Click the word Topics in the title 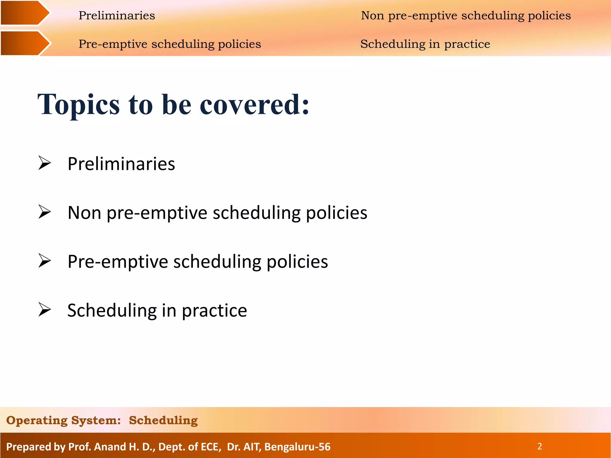click(x=78, y=105)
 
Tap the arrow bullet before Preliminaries click(x=45, y=163)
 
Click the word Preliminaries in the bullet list click(x=121, y=164)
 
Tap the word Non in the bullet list click(x=84, y=213)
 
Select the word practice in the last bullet click(x=215, y=311)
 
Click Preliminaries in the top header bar click(x=117, y=16)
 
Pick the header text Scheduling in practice click(x=425, y=44)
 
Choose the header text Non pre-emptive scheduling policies click(x=466, y=16)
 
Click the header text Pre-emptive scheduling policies click(x=169, y=44)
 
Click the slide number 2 click(x=539, y=446)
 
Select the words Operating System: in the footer click(x=63, y=420)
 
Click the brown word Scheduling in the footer click(x=163, y=420)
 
